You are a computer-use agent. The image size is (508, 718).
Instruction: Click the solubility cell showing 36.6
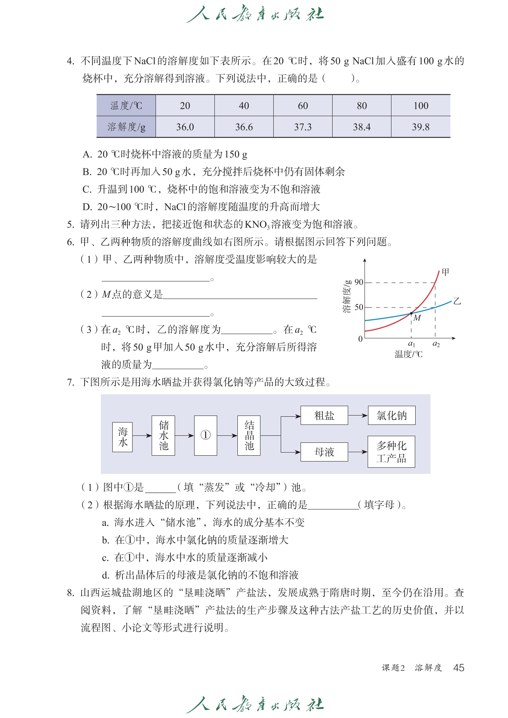(x=244, y=127)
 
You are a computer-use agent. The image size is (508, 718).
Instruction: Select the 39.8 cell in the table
(x=421, y=127)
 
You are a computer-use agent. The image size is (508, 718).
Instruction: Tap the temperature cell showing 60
(x=303, y=106)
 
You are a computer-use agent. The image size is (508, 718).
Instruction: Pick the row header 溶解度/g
(x=126, y=127)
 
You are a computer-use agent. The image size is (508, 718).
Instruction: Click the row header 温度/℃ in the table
(x=126, y=106)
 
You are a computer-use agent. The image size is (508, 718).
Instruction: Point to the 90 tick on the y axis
(x=359, y=282)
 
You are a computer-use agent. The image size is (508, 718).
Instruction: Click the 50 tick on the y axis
(x=359, y=307)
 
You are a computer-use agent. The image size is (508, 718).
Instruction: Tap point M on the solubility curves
(x=411, y=313)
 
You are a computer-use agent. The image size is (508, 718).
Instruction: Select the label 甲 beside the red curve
(x=445, y=272)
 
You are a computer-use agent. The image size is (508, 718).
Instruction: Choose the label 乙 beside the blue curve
(x=457, y=301)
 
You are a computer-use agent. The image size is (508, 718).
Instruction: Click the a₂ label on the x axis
(x=436, y=344)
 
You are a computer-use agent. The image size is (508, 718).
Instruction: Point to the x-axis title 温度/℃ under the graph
(x=408, y=354)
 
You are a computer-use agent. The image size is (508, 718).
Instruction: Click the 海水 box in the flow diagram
(x=122, y=437)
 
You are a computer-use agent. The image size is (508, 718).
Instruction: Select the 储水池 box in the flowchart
(x=163, y=435)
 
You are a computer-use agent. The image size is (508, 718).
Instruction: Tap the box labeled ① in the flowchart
(x=205, y=435)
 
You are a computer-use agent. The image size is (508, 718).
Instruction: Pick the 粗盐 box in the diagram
(x=324, y=416)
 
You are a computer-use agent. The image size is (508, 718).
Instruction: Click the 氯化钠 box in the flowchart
(x=391, y=416)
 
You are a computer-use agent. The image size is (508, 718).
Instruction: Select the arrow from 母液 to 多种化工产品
(x=358, y=452)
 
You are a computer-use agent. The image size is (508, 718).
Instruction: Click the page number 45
(x=458, y=668)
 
